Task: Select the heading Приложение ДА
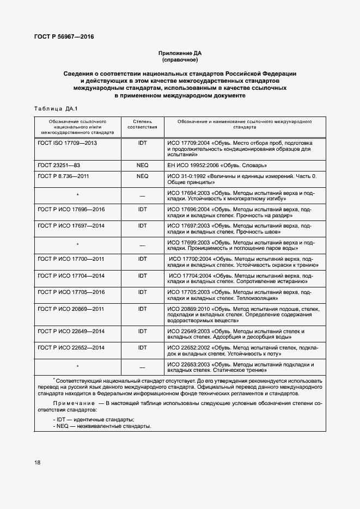pyautogui.click(x=180, y=53)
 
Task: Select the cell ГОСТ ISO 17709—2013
pyautogui.click(x=68, y=142)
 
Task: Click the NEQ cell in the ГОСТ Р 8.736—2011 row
pyautogui.click(x=142, y=176)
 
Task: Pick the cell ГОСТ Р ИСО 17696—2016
pyautogui.click(x=71, y=210)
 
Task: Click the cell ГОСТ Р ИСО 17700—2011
pyautogui.click(x=71, y=259)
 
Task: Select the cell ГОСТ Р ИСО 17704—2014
pyautogui.click(x=71, y=275)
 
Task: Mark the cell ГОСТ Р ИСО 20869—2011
pyautogui.click(x=71, y=309)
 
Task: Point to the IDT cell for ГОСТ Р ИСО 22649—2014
pyautogui.click(x=142, y=331)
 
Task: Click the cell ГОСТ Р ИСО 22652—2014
pyautogui.click(x=71, y=347)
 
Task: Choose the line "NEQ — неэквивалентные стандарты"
pyautogui.click(x=102, y=426)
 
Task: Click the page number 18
pyautogui.click(x=38, y=462)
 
